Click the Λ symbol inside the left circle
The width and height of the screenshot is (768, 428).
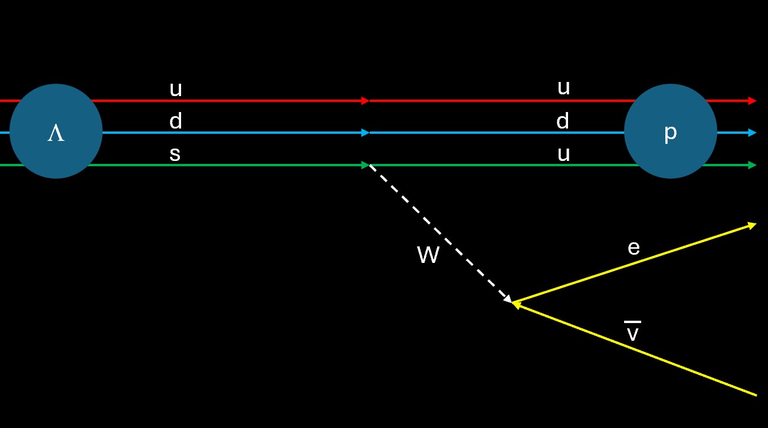(x=56, y=134)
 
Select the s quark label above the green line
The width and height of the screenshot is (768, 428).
(x=175, y=154)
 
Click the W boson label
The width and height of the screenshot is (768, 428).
(x=428, y=255)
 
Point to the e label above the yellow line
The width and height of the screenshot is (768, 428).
(x=634, y=248)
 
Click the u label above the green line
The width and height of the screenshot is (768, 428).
(x=564, y=154)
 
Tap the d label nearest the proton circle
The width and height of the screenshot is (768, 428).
(x=563, y=121)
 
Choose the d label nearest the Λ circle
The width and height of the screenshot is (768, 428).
(x=176, y=121)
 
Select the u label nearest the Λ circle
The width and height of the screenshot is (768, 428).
(x=176, y=89)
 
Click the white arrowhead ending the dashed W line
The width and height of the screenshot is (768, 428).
(x=508, y=299)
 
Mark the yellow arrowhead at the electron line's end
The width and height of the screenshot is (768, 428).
(x=752, y=225)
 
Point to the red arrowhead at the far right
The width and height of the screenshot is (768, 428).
(x=752, y=101)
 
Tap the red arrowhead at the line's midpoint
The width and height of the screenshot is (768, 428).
(x=366, y=101)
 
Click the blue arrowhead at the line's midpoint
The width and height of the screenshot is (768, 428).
(x=366, y=133)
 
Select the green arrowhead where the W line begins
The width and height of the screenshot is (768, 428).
(x=366, y=165)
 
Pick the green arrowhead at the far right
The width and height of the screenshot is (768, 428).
(x=752, y=165)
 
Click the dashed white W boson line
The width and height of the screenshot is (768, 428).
(x=439, y=233)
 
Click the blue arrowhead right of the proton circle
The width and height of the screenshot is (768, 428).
(x=752, y=133)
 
